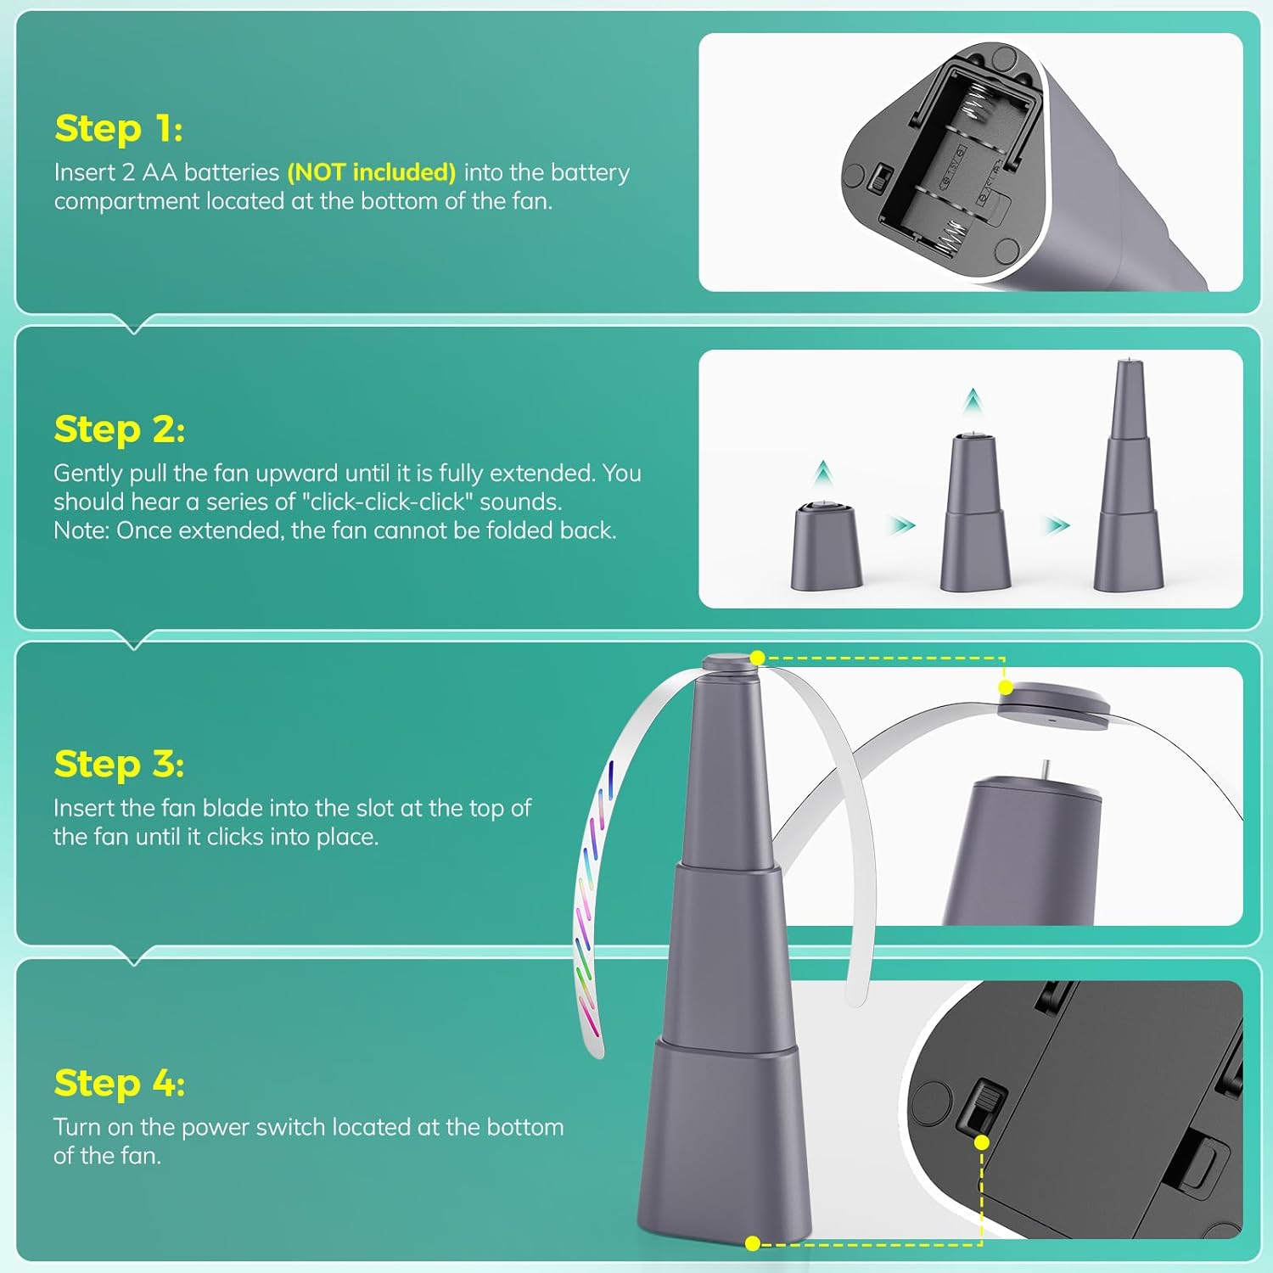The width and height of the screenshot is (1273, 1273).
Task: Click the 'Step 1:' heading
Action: (118, 128)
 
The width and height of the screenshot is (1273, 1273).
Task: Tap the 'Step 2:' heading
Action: (119, 429)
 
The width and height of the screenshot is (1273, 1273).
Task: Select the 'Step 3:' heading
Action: (119, 763)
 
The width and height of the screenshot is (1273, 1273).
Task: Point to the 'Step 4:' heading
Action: (119, 1083)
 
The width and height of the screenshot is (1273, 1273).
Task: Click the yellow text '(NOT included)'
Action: (372, 172)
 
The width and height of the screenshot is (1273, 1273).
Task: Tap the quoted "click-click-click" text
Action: (387, 502)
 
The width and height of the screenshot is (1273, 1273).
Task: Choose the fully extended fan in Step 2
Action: (1129, 475)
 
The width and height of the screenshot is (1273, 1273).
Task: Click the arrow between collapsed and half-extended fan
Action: (903, 525)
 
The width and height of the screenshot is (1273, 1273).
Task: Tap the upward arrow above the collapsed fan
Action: (822, 472)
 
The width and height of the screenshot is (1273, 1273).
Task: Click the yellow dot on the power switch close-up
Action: (982, 1142)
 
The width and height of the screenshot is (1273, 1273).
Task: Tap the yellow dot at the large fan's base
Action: (753, 1243)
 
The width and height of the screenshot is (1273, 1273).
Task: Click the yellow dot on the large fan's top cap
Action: (758, 658)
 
